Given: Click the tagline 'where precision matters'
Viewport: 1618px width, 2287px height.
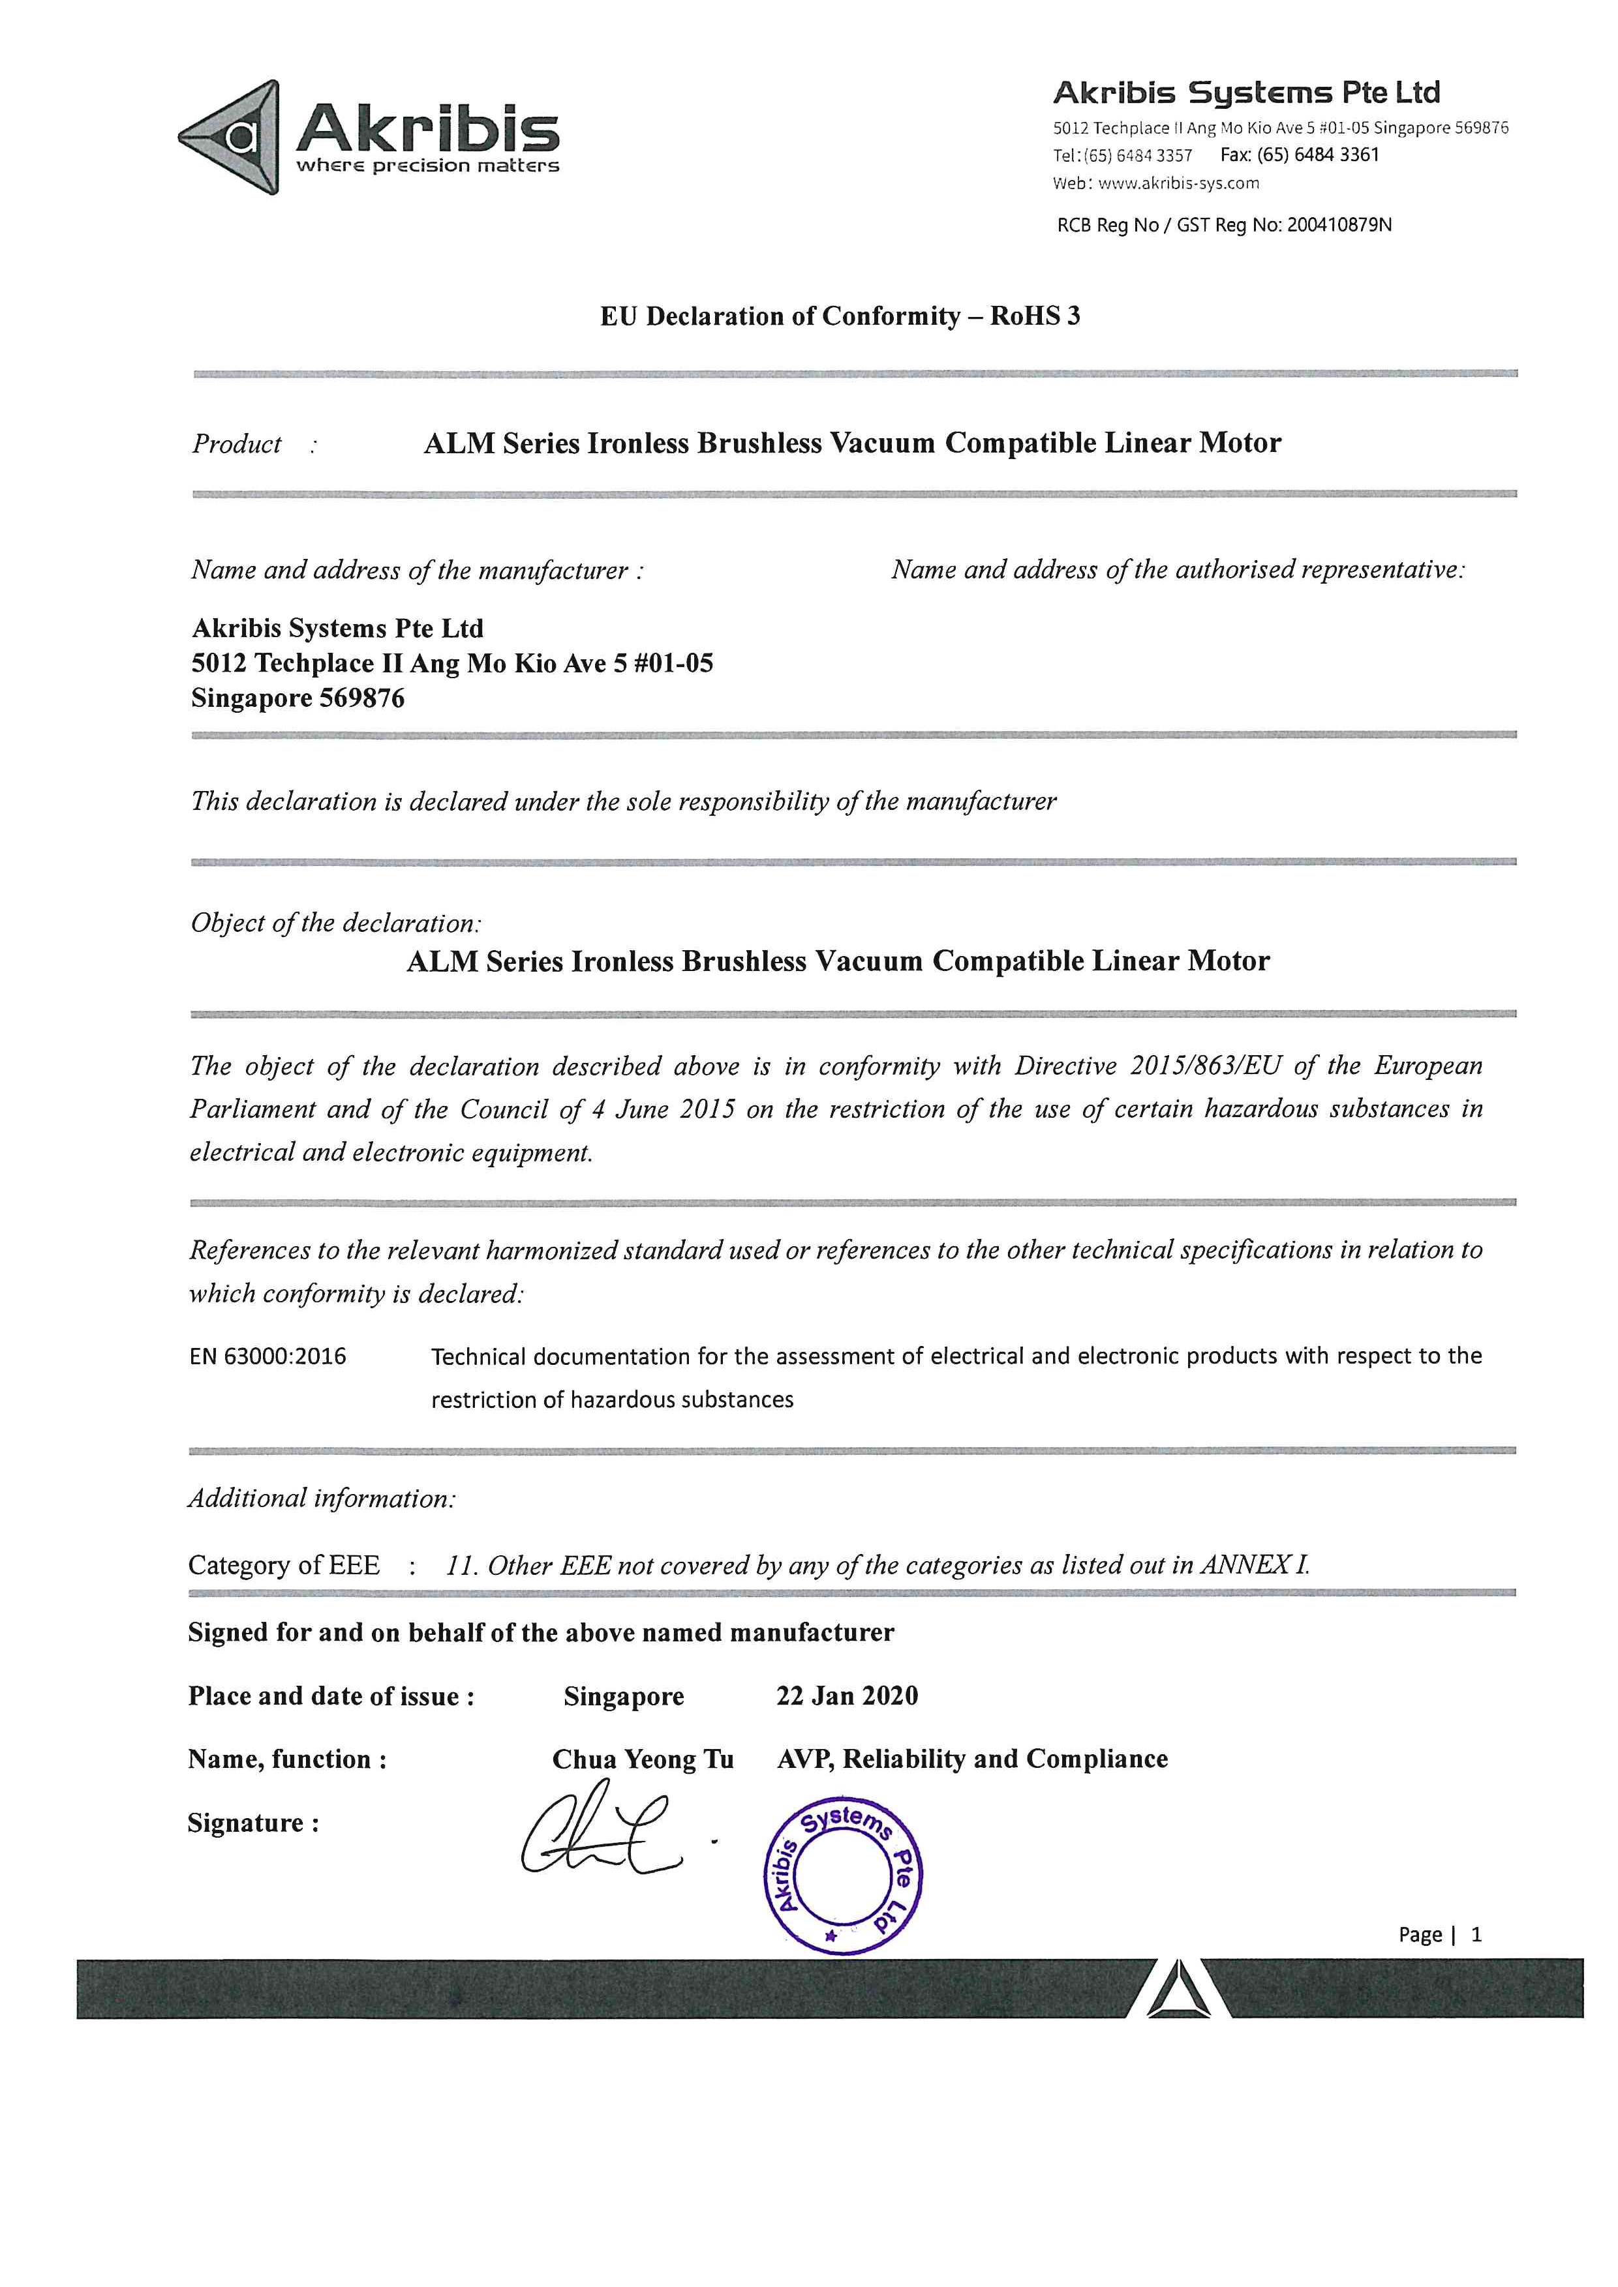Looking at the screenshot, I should tap(427, 166).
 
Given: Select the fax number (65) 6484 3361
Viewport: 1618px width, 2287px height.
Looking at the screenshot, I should tap(1317, 155).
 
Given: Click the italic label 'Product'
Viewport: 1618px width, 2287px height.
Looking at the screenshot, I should tap(237, 444).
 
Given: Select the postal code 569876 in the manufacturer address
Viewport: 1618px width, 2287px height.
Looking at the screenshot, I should tap(361, 698).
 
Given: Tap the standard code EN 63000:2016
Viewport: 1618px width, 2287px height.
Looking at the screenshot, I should tap(268, 1356).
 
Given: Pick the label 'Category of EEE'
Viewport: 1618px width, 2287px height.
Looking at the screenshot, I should tap(284, 1565).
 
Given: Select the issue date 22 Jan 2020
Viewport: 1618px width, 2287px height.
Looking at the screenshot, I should tap(847, 1696).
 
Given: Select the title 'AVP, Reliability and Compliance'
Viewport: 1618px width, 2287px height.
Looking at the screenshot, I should tap(971, 1759).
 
